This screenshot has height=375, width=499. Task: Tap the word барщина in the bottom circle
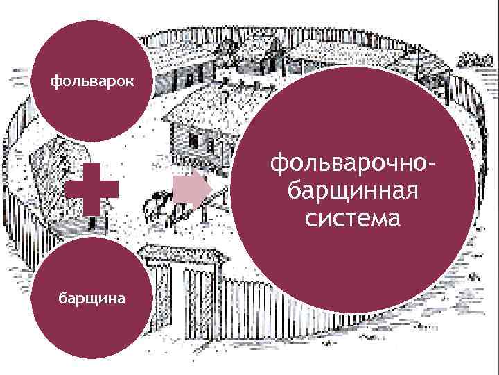91,299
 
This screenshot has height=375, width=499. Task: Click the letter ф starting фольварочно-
279,165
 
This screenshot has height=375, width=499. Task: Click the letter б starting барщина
62,299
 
